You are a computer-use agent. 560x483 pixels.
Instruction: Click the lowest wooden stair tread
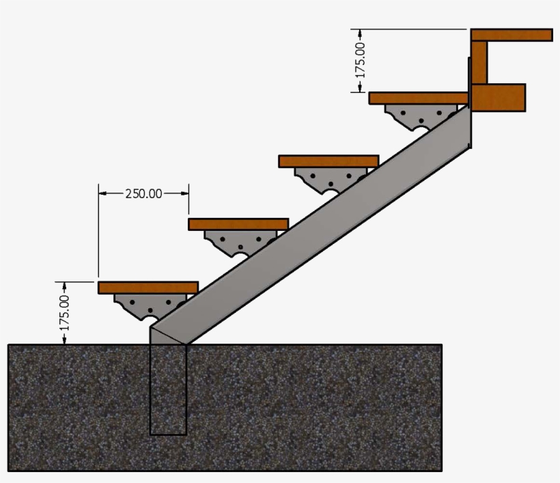click(x=148, y=288)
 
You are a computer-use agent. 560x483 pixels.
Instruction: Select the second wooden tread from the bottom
click(x=238, y=224)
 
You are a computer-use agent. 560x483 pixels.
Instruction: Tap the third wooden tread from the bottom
click(x=328, y=161)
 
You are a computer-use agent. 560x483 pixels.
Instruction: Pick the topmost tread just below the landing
click(x=418, y=98)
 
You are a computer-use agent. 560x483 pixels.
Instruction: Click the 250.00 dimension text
click(x=143, y=193)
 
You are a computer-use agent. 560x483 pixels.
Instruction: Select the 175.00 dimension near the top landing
click(x=361, y=60)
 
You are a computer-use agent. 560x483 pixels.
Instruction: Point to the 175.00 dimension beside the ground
click(x=65, y=313)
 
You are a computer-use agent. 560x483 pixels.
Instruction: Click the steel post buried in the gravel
click(x=168, y=389)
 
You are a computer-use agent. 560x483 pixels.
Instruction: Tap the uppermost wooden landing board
click(x=511, y=35)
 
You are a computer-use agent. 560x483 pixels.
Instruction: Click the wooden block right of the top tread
click(x=499, y=97)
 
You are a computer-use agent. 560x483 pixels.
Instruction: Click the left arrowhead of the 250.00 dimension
click(x=103, y=193)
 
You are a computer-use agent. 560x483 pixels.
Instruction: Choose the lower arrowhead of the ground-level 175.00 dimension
click(x=65, y=340)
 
